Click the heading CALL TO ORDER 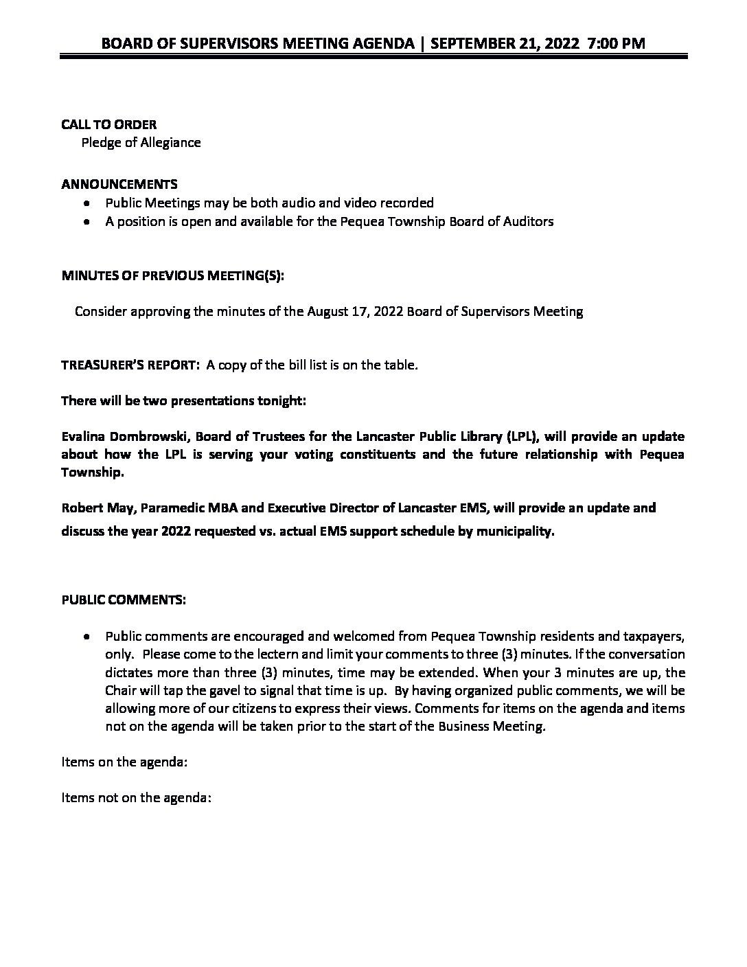[x=108, y=124]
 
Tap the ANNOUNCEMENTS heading [x=119, y=184]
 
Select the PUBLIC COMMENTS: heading [x=124, y=600]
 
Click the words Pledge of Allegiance [x=141, y=143]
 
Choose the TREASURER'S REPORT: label [x=128, y=365]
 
